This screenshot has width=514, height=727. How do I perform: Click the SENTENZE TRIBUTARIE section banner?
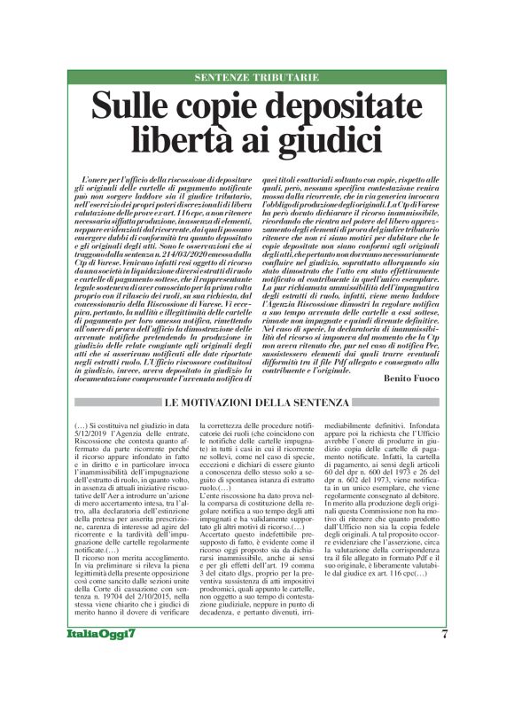coord(256,77)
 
